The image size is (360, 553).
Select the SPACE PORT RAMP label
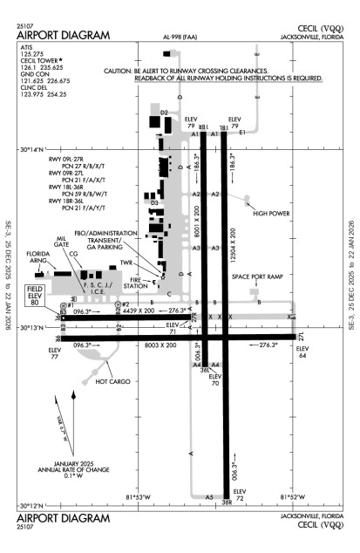tap(258, 276)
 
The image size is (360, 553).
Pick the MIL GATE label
tap(61, 243)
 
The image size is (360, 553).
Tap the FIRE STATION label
tap(136, 283)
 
